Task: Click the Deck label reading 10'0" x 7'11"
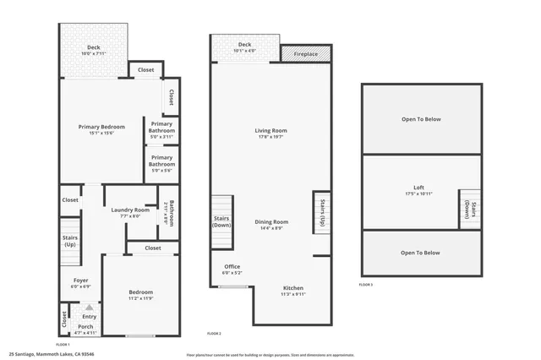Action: click(x=93, y=50)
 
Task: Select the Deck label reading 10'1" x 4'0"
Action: click(x=244, y=47)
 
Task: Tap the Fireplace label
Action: click(x=306, y=54)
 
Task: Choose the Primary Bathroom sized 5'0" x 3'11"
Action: click(x=161, y=128)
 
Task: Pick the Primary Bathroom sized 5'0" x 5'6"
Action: click(x=161, y=161)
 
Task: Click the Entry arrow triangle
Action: click(x=89, y=307)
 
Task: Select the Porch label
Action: click(x=85, y=329)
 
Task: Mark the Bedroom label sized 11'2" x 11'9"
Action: click(x=140, y=293)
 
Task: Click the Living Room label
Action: click(x=271, y=134)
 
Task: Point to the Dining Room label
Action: click(x=272, y=225)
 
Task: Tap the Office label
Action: click(x=232, y=270)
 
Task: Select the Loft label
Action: click(x=418, y=190)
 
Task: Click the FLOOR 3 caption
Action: click(x=365, y=285)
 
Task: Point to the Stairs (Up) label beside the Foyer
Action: click(x=70, y=242)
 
